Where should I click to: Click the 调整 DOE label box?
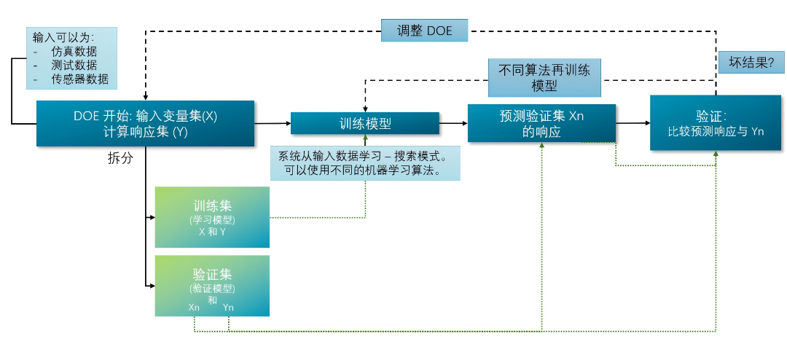click(424, 31)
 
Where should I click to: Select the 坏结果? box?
click(751, 62)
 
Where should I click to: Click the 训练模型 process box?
click(365, 124)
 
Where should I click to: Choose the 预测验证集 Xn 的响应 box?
click(541, 123)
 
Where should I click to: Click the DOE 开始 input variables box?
click(145, 123)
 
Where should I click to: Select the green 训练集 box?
click(212, 217)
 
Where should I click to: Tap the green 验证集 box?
click(212, 286)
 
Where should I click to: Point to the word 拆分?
click(120, 158)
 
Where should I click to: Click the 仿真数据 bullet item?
click(74, 52)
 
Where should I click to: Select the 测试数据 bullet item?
click(74, 66)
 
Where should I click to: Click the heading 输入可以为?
click(63, 37)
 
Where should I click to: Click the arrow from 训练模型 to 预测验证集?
click(453, 123)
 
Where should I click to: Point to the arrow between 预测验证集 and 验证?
click(633, 123)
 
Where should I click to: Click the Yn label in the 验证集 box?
click(228, 308)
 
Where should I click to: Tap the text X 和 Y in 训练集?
click(212, 231)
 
